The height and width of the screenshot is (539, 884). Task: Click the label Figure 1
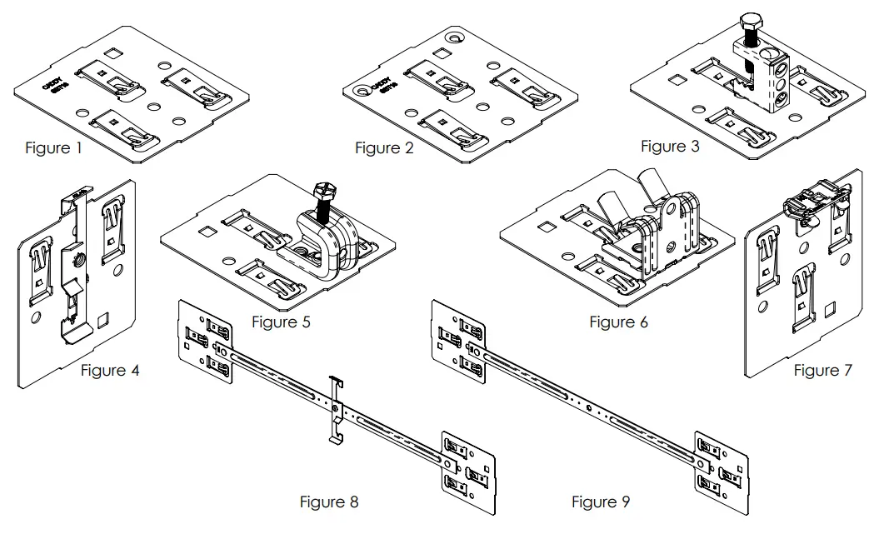click(x=53, y=148)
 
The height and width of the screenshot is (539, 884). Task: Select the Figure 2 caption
click(x=384, y=148)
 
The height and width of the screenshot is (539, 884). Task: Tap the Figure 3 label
click(x=670, y=147)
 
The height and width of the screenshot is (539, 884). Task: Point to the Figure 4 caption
click(x=110, y=371)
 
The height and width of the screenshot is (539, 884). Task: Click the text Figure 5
click(x=281, y=322)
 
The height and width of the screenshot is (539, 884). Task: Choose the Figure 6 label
click(x=618, y=322)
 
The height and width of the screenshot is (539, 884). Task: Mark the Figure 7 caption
click(x=822, y=371)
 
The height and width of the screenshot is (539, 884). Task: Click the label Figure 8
click(x=329, y=502)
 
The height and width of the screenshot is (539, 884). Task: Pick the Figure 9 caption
click(x=601, y=502)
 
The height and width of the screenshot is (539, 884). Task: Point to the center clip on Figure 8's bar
click(x=335, y=411)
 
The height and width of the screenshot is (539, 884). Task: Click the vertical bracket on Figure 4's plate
click(x=75, y=267)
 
